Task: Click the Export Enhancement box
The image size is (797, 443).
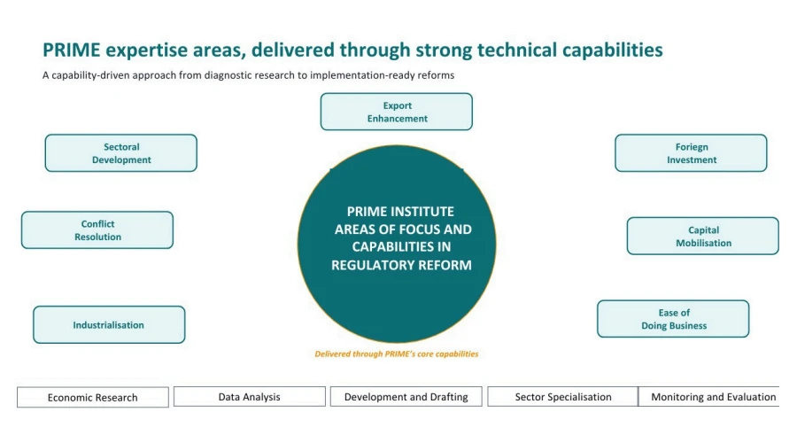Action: (396, 112)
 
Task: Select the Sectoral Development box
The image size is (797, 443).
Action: (121, 153)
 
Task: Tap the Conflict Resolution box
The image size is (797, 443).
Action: (97, 230)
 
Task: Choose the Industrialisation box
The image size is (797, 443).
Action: (109, 325)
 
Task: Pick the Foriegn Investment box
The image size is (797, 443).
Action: (691, 153)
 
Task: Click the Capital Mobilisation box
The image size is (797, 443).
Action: (703, 237)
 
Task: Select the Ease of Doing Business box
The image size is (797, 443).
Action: (673, 319)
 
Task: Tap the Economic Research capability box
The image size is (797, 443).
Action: (93, 398)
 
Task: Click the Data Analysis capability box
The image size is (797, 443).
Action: (250, 397)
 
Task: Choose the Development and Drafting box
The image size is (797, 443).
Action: (406, 397)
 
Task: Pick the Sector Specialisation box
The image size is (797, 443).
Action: (563, 397)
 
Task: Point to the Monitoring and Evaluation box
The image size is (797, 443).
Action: (713, 397)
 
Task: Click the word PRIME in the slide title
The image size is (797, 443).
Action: (72, 51)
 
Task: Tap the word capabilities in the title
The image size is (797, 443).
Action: (612, 51)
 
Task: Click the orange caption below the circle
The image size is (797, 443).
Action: (396, 354)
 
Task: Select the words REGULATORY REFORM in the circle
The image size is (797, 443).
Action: (401, 265)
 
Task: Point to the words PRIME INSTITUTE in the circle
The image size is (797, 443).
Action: (400, 212)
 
